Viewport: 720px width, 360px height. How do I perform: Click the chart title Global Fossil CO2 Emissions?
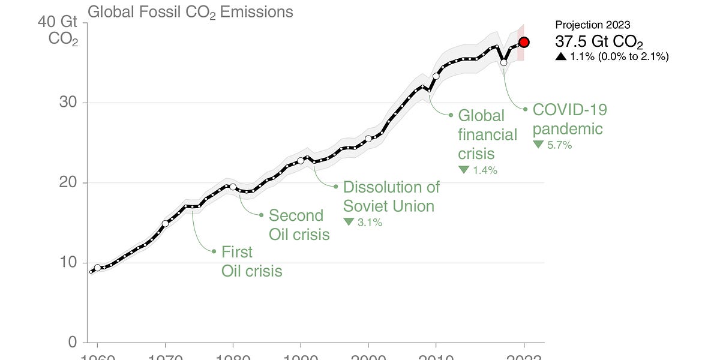[x=190, y=11]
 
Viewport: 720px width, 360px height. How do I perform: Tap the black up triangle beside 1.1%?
[x=560, y=56]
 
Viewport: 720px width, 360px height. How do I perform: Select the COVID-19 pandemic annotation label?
[x=569, y=119]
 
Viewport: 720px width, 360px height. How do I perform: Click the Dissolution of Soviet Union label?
[x=391, y=196]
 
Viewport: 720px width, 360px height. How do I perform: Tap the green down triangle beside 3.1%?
[x=349, y=222]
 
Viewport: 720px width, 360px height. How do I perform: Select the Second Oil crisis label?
[x=299, y=224]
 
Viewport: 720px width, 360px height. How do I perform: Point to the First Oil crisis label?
[x=251, y=261]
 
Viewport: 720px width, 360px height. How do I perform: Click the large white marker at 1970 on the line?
[x=165, y=224]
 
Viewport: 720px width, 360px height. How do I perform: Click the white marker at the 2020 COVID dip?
[x=504, y=62]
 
